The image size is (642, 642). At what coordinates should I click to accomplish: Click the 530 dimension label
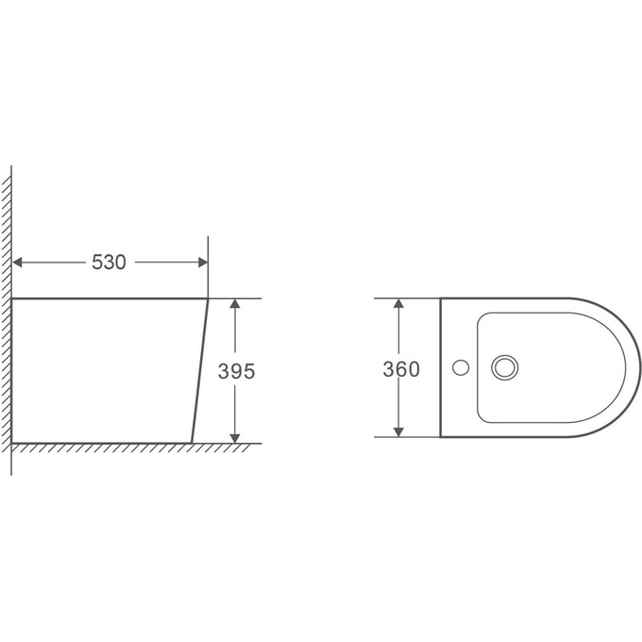(109, 262)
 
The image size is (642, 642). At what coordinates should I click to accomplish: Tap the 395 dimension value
(236, 371)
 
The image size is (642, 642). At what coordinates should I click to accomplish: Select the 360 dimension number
(401, 369)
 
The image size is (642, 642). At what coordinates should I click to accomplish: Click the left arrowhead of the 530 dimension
(17, 262)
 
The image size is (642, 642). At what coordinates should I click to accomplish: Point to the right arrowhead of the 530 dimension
(203, 262)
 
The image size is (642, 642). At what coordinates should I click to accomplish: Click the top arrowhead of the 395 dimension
(234, 303)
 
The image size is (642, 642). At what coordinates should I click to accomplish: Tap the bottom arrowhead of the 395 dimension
(234, 438)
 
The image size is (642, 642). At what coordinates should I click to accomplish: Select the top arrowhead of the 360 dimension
(398, 303)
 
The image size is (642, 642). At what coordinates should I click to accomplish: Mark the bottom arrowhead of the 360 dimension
(398, 432)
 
